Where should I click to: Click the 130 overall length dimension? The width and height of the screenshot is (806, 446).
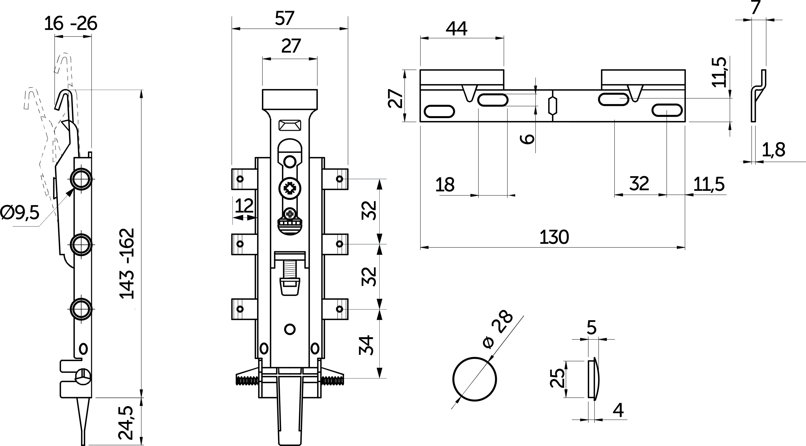[x=554, y=237]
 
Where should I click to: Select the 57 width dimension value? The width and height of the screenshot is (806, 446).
[x=285, y=18]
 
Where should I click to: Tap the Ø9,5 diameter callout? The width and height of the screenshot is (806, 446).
[x=20, y=213]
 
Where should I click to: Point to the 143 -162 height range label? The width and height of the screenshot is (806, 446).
[x=127, y=264]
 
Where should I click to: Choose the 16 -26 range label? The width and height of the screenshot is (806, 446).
[x=70, y=24]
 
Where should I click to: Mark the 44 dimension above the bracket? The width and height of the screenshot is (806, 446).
[x=456, y=29]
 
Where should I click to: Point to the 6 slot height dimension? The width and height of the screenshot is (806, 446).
[x=528, y=139]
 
